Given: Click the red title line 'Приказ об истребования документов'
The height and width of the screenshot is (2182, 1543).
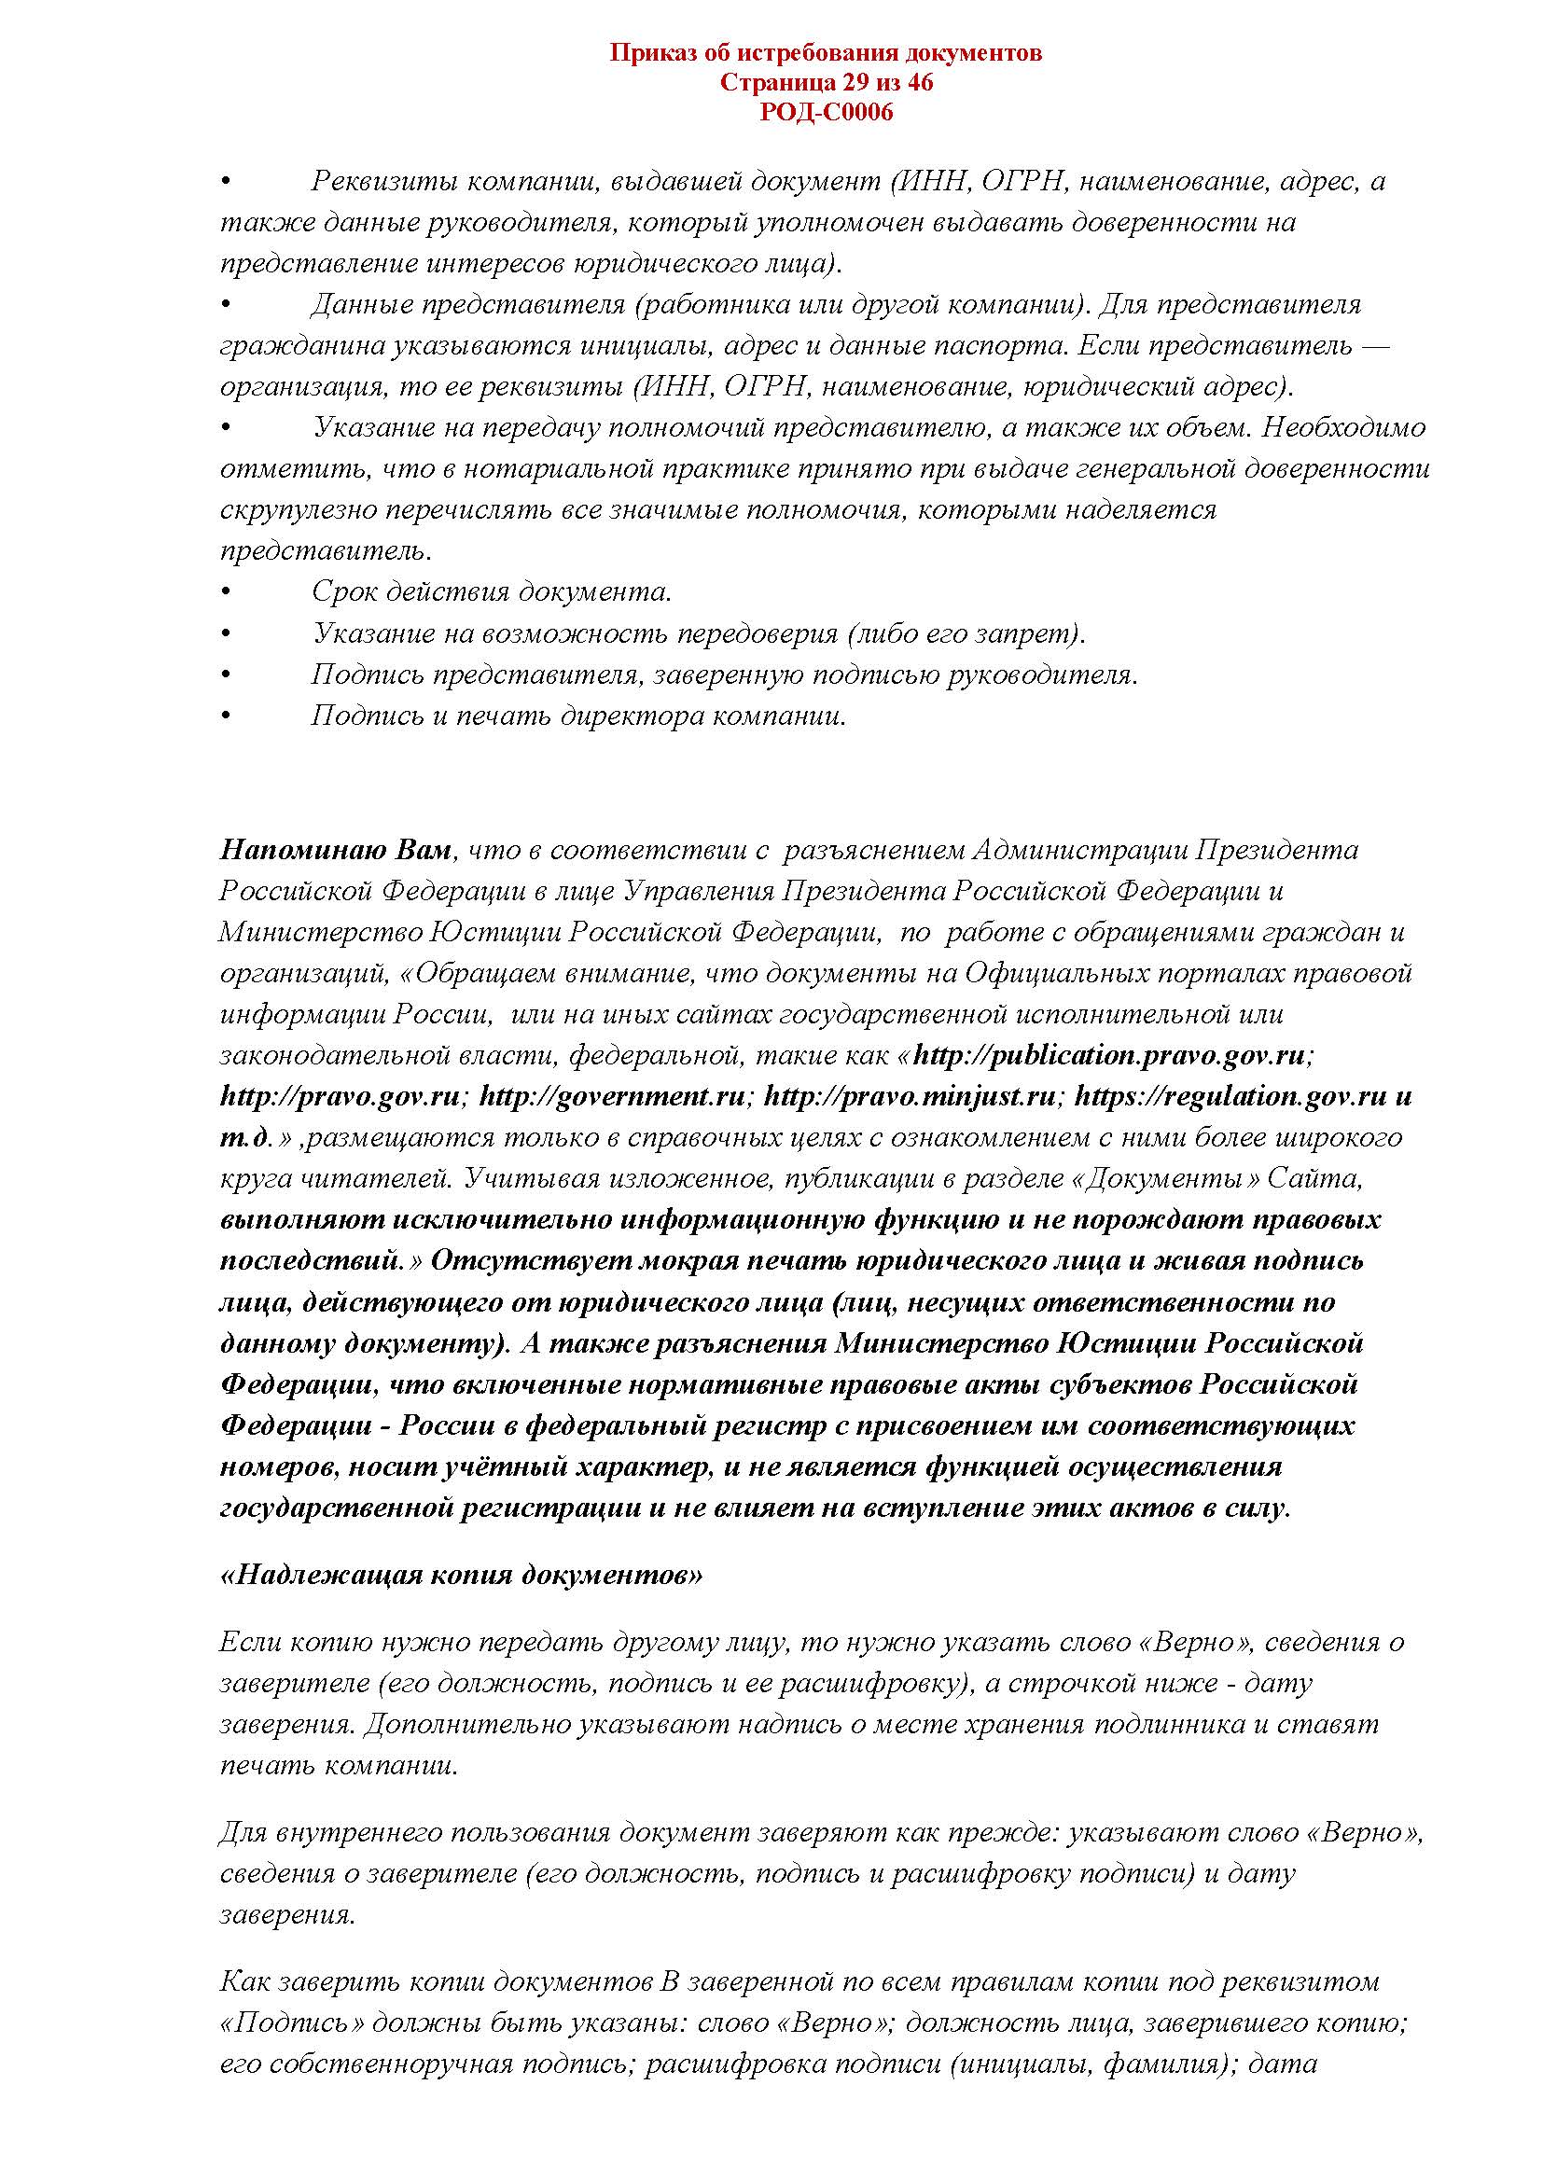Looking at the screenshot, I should click(x=825, y=53).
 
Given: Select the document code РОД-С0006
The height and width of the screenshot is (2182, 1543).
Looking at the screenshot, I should click(x=825, y=114).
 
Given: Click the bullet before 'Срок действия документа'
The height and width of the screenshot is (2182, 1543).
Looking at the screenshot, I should click(x=225, y=593).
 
